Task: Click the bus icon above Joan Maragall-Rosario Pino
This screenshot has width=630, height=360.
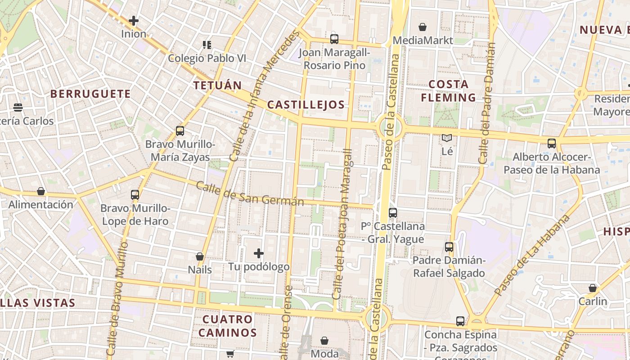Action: [x=334, y=39]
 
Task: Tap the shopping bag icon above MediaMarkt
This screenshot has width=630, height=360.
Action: [x=422, y=27]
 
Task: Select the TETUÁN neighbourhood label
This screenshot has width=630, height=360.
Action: [x=217, y=85]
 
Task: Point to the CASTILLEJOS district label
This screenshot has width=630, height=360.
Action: [x=306, y=105]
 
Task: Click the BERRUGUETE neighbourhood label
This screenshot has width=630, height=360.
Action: [x=90, y=94]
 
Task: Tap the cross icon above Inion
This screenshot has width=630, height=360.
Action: [x=134, y=20]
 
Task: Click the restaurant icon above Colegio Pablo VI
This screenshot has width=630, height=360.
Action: [x=207, y=45]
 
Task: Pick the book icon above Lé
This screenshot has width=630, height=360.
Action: [x=446, y=138]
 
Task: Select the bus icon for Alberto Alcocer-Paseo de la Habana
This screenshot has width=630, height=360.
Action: [x=552, y=144]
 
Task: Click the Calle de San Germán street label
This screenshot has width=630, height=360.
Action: [x=250, y=194]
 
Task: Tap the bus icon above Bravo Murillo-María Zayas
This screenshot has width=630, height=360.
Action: [x=180, y=131]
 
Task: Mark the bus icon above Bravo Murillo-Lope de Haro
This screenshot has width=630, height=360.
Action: [x=135, y=195]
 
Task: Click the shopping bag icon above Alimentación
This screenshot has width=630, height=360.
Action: [x=41, y=191]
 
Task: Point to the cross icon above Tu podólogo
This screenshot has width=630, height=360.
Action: [x=259, y=253]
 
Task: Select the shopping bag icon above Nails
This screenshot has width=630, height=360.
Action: [x=200, y=256]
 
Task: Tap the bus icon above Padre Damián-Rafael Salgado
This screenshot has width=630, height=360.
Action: [x=449, y=247]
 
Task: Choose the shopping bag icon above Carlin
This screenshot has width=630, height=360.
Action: [x=593, y=288]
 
